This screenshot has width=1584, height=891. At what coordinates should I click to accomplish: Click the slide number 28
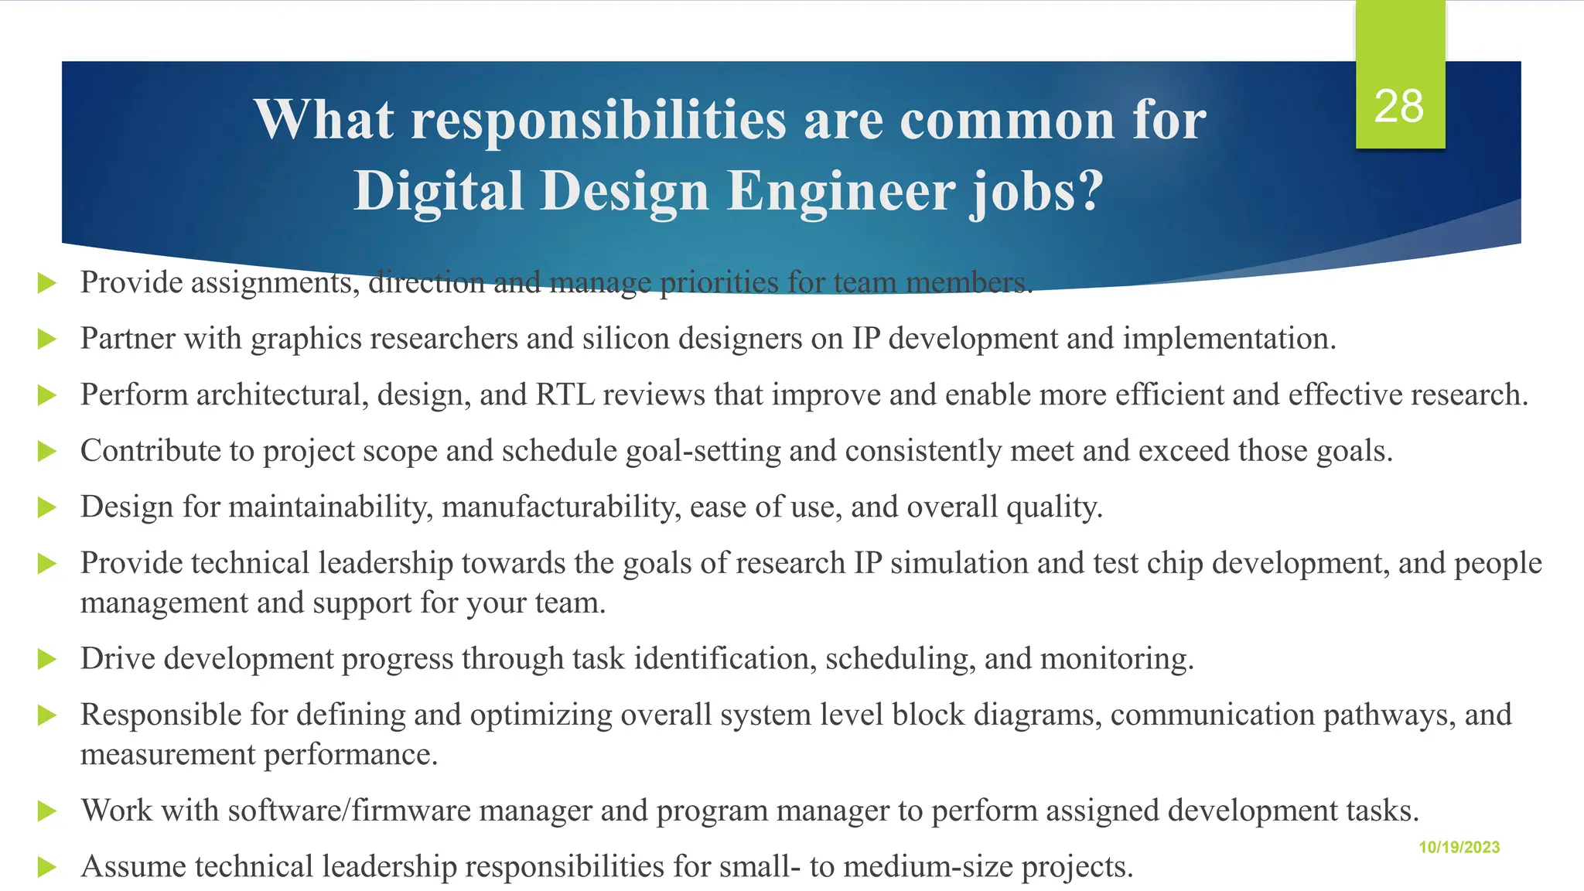click(x=1398, y=106)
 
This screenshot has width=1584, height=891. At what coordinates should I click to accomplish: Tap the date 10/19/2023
click(x=1459, y=847)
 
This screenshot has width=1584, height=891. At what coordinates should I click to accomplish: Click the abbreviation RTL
click(x=565, y=394)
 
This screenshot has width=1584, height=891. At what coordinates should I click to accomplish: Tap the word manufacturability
click(x=562, y=507)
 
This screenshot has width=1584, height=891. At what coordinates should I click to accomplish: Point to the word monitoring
click(x=1117, y=659)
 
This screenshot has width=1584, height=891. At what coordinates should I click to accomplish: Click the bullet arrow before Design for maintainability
click(x=47, y=507)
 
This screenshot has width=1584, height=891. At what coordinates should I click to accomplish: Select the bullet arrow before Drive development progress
click(x=47, y=659)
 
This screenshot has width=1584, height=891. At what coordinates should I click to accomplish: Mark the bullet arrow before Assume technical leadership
click(x=47, y=867)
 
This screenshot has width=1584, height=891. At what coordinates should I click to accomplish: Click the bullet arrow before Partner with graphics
click(x=47, y=339)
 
